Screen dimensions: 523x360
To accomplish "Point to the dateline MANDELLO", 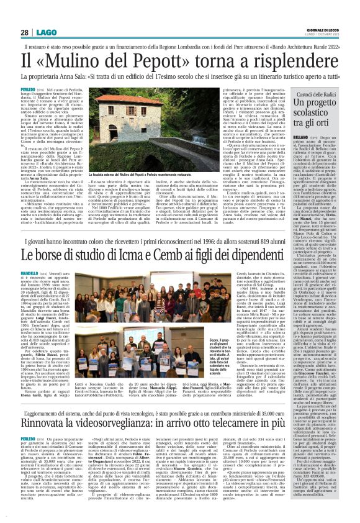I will pyautogui.click(x=32, y=254).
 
